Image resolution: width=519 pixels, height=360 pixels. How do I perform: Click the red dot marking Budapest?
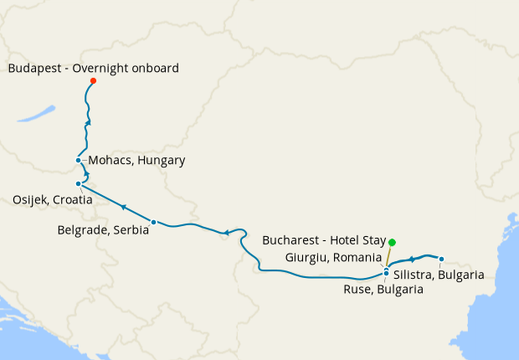(93, 81)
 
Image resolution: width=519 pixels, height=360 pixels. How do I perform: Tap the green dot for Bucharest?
(392, 243)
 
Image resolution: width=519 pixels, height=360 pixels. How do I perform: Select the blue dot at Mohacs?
(78, 160)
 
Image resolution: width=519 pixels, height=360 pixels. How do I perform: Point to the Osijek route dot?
(78, 183)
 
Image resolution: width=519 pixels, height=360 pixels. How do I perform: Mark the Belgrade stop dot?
(153, 222)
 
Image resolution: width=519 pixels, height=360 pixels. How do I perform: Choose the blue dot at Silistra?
(441, 259)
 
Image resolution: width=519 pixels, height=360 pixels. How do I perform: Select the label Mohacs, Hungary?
(136, 160)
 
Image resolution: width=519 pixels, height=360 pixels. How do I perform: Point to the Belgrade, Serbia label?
(103, 229)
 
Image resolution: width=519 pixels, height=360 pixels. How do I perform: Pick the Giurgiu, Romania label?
(333, 257)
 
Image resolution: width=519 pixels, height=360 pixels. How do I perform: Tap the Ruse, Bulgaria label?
(383, 290)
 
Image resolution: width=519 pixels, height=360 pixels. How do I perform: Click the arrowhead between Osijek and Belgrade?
(123, 207)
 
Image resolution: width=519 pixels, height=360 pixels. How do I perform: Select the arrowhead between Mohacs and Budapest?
(88, 122)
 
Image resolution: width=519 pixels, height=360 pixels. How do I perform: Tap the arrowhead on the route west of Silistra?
(412, 260)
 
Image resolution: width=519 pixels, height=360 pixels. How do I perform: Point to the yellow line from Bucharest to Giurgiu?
(389, 255)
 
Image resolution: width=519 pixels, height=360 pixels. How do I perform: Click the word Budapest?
(34, 68)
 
